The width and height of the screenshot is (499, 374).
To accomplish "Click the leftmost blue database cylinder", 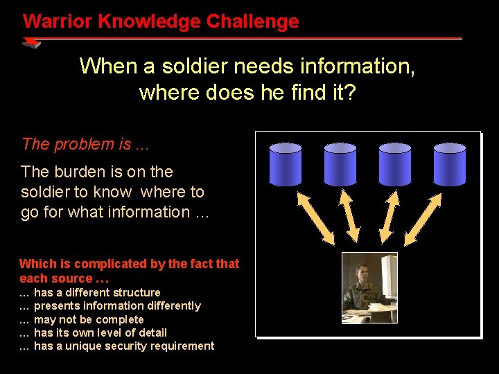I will click(286, 164).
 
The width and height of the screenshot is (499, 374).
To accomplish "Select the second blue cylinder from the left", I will click(340, 164).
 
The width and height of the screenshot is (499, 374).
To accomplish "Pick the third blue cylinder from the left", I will click(395, 164).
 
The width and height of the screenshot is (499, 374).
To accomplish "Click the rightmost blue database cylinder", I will click(450, 164).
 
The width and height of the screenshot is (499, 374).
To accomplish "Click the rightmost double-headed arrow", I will click(423, 218).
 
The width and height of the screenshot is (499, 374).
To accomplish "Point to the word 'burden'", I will click(74, 172).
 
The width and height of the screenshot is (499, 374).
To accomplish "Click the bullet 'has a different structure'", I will click(97, 292).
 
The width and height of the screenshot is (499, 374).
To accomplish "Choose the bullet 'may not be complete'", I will click(89, 319).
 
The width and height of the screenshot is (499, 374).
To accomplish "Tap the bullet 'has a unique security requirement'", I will click(124, 346).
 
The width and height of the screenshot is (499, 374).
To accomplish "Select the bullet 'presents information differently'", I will click(117, 305).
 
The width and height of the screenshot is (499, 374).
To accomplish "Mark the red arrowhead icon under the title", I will click(31, 43).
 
